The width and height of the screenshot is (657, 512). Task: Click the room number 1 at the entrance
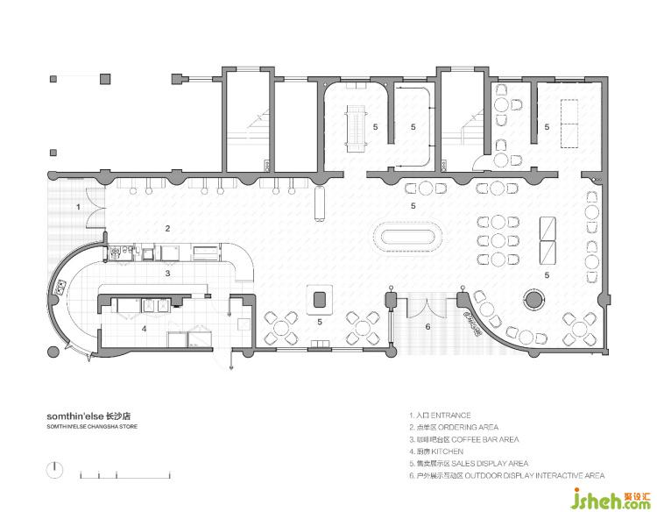[x=78, y=206]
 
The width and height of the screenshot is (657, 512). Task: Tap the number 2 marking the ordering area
[x=167, y=229]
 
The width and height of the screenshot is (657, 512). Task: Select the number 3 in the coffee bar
[x=167, y=274]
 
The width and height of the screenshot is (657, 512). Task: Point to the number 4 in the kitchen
[x=145, y=329]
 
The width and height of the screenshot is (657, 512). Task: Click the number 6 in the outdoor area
[x=427, y=326]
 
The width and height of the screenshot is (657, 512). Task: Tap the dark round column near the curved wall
[x=534, y=300]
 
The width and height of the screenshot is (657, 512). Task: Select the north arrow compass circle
[x=54, y=470]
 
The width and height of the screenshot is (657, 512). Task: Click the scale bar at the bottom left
[x=125, y=477]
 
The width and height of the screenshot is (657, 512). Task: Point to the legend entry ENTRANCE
[x=450, y=416]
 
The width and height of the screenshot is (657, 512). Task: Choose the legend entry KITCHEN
[x=448, y=452]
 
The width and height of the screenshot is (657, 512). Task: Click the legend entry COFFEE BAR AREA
[x=485, y=439]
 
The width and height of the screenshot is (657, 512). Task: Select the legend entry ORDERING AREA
[x=468, y=427]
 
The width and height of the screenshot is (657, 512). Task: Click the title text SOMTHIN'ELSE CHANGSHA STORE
[x=92, y=426]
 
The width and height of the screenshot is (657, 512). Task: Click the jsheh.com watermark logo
[x=611, y=499]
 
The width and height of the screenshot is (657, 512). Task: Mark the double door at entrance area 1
[x=95, y=206]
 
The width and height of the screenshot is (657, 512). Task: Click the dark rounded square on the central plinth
[x=320, y=300]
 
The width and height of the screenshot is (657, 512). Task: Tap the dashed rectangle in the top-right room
[x=569, y=124]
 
